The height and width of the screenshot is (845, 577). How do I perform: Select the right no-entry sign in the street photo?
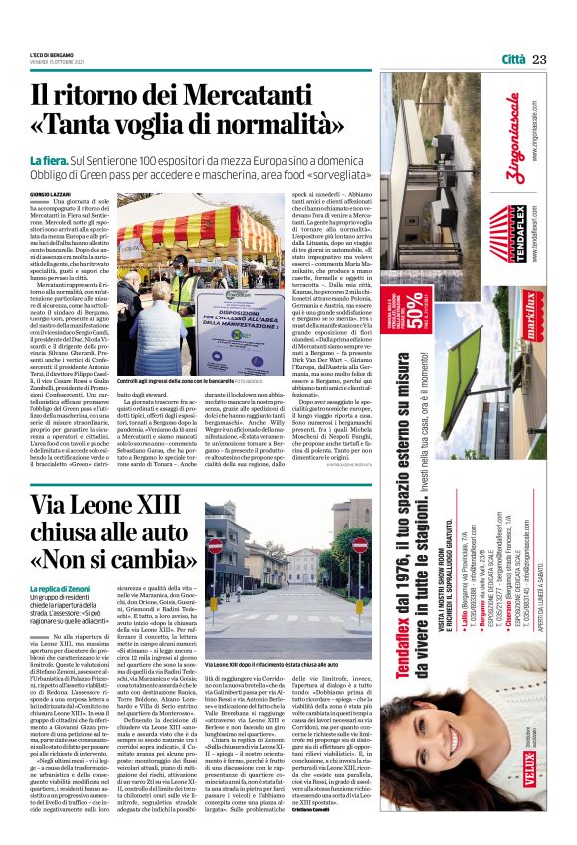(x=360, y=545)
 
